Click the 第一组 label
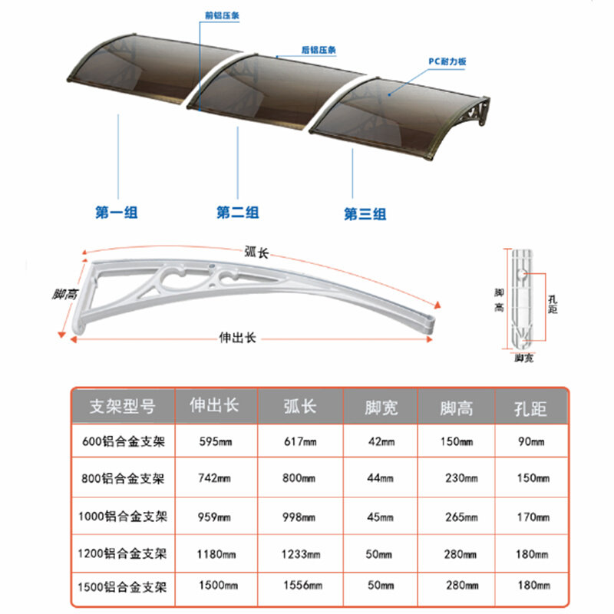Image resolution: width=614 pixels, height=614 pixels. (117, 213)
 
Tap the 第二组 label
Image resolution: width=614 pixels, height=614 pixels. (237, 213)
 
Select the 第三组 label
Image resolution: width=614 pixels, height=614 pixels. (365, 214)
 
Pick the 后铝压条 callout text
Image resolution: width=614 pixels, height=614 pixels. (319, 50)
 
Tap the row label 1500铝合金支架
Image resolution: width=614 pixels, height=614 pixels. (122, 587)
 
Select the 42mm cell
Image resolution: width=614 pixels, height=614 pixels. (380, 441)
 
